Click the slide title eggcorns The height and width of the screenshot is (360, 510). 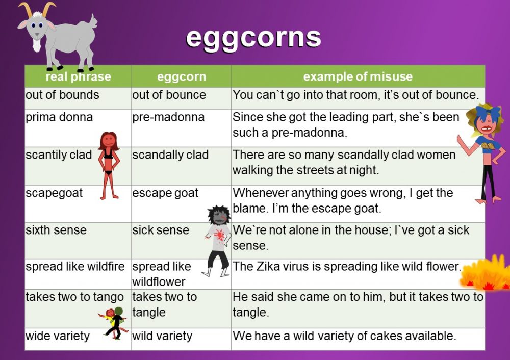click(253, 37)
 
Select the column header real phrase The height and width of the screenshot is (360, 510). click(78, 77)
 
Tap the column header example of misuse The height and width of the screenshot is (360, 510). click(358, 77)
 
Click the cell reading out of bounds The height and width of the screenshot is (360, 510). click(62, 95)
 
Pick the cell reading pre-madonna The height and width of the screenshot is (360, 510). click(168, 117)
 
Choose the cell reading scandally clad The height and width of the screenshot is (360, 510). click(170, 155)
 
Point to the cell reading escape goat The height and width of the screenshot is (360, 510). click(165, 193)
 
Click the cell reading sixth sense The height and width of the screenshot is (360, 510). click(56, 230)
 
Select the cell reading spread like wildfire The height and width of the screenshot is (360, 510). click(75, 267)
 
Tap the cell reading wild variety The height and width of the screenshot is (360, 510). click(162, 336)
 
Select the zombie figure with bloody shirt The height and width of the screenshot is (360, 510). click(218, 240)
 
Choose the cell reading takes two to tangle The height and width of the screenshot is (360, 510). click(164, 304)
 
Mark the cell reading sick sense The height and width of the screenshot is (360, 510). click(161, 230)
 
